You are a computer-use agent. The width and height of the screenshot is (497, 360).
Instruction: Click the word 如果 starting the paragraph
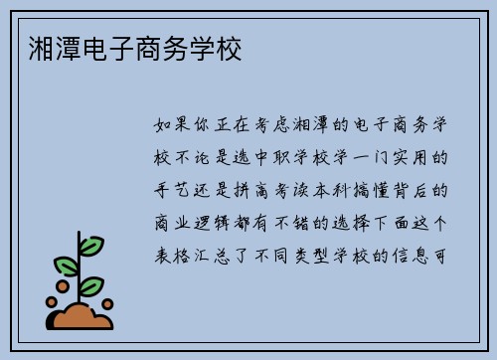click(175, 126)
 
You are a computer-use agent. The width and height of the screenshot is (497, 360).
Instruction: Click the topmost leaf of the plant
click(91, 244)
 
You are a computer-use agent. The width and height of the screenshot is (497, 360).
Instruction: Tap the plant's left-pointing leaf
click(66, 265)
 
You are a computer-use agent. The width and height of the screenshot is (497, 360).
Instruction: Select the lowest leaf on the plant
click(92, 285)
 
